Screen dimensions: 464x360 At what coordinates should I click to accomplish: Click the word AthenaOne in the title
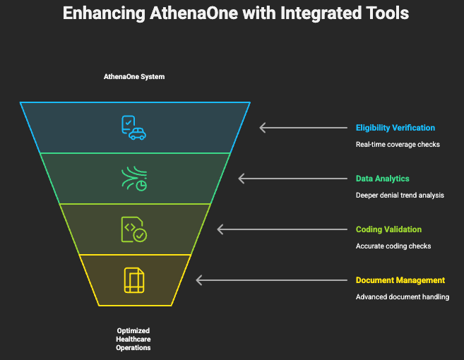pos(194,13)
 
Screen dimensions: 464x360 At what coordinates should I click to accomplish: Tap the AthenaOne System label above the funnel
pos(134,77)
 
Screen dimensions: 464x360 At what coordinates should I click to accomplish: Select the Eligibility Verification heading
pos(395,128)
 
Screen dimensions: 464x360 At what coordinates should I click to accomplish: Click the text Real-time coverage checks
pos(398,145)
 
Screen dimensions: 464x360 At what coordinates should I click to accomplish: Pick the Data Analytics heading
pos(382,179)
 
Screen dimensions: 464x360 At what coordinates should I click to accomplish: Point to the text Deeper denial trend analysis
pos(400,196)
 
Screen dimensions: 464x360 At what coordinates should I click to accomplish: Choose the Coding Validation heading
pos(388,229)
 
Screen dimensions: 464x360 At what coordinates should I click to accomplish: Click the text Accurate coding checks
pos(393,246)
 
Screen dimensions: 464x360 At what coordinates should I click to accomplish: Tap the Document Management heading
pos(400,280)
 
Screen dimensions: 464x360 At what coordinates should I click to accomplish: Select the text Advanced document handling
pos(403,296)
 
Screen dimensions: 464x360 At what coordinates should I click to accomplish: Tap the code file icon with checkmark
pos(134,229)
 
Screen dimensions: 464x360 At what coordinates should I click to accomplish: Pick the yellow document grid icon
pos(134,280)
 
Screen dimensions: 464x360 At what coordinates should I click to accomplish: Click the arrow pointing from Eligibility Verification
pos(303,128)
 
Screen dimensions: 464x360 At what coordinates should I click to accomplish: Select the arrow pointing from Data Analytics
pos(292,179)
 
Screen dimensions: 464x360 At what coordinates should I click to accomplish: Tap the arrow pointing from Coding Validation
pos(282,229)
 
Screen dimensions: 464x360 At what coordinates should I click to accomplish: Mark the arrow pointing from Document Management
pos(271,280)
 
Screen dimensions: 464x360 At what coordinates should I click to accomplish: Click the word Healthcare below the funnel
pos(133,340)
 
